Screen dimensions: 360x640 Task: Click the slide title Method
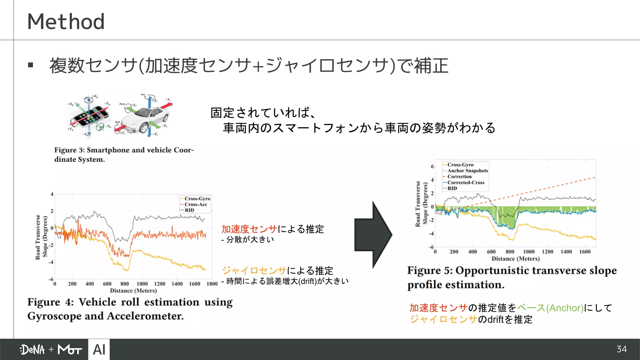(x=66, y=22)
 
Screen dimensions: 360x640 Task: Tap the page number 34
(x=622, y=349)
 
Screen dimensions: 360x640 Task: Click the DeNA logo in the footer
(x=32, y=350)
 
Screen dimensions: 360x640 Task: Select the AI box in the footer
(x=99, y=349)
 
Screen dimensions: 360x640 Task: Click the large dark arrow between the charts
(x=373, y=235)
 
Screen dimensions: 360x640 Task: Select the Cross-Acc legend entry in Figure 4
(x=196, y=204)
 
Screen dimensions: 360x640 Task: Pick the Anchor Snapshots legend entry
(x=467, y=171)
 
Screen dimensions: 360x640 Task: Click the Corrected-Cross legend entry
(x=466, y=182)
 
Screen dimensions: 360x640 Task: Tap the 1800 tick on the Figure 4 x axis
(x=212, y=284)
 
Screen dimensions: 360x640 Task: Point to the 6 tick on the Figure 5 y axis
(x=432, y=166)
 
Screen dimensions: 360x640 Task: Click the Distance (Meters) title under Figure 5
(x=516, y=259)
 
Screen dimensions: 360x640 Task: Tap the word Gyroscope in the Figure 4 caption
(x=54, y=316)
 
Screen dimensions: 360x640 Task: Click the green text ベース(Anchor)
(x=550, y=308)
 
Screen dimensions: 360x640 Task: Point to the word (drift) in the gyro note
(x=307, y=281)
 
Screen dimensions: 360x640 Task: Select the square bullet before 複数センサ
(x=31, y=65)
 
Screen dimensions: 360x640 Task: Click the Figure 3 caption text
(x=124, y=154)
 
